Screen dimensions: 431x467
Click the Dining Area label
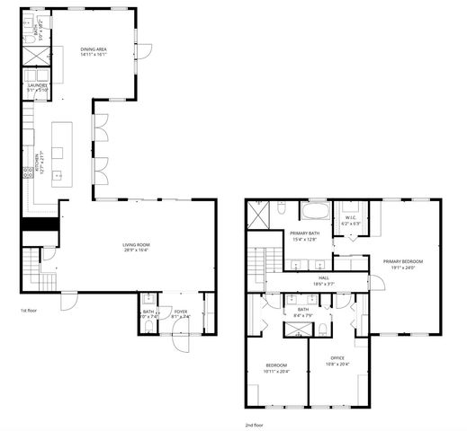click(94, 50)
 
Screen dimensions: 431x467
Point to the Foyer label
click(181, 313)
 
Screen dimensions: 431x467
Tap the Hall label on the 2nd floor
click(323, 278)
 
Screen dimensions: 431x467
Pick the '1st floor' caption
click(28, 310)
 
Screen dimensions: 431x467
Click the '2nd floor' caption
click(255, 424)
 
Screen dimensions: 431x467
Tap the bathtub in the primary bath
click(314, 213)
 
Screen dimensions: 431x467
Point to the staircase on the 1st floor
click(31, 265)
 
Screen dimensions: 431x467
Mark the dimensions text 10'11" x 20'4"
click(276, 370)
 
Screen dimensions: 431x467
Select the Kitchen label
click(37, 165)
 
